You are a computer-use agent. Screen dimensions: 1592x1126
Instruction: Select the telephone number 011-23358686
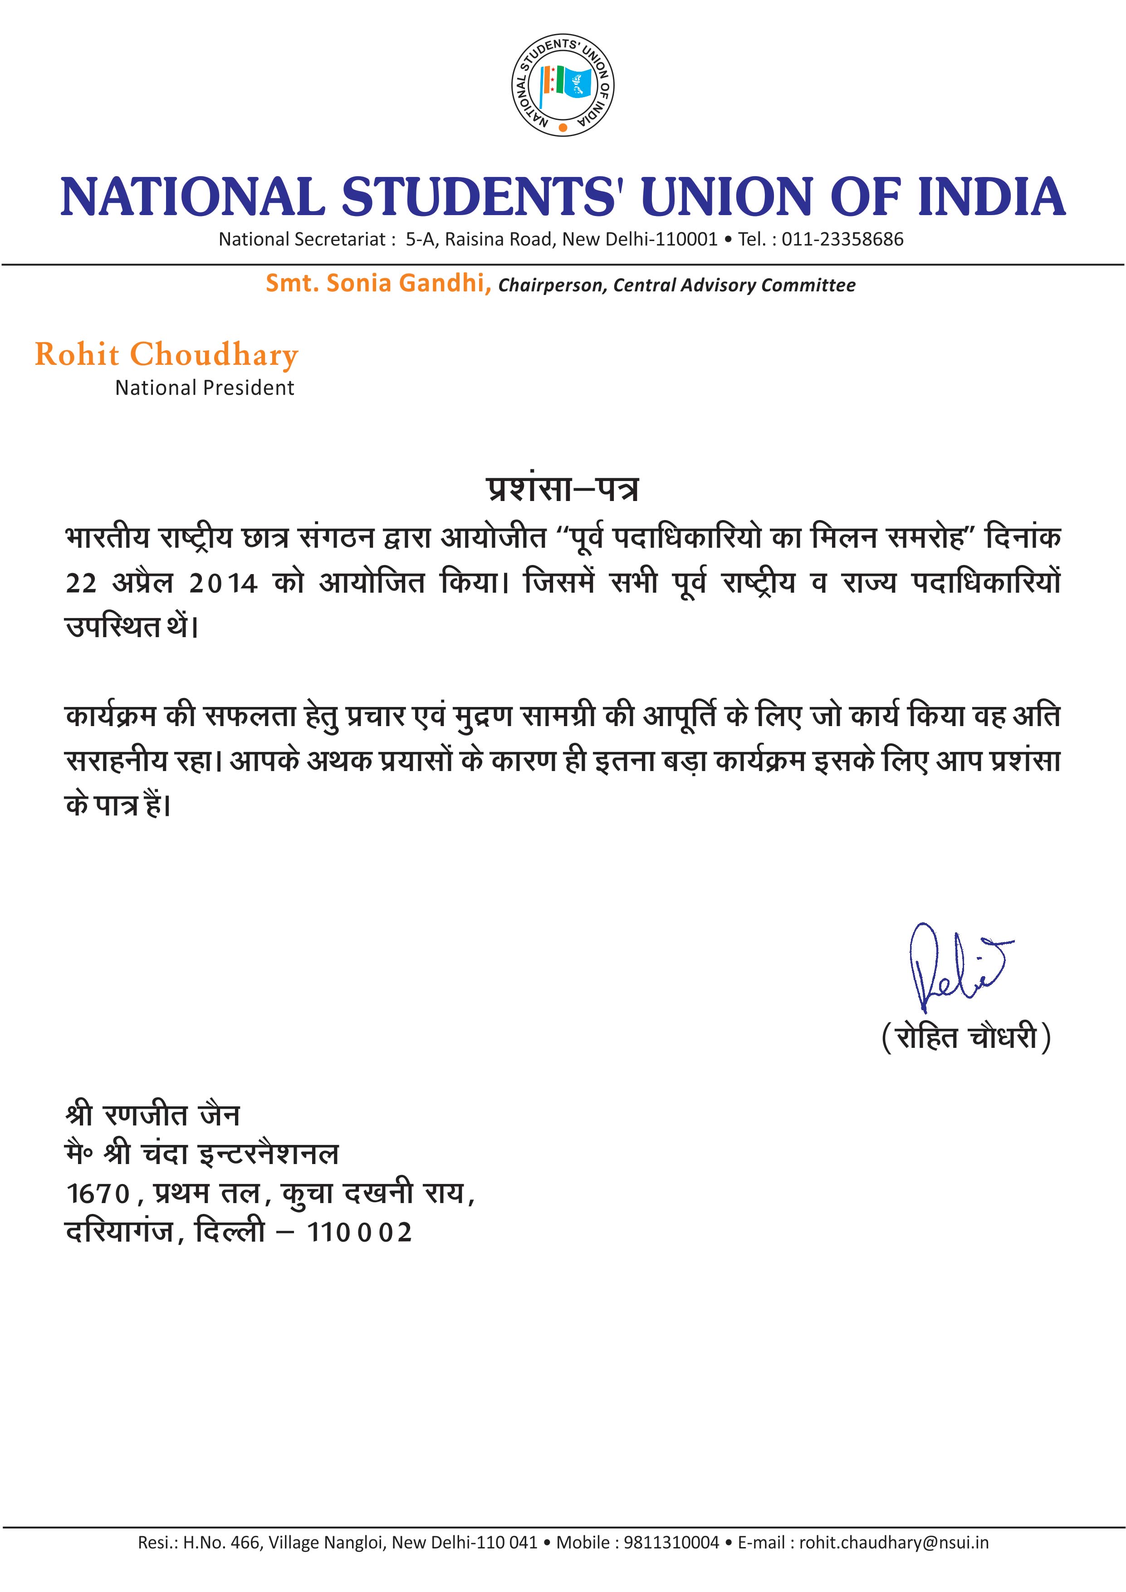pos(842,240)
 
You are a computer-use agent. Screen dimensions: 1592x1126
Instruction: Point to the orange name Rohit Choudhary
pos(166,354)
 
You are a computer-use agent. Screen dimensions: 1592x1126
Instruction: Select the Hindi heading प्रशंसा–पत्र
pos(562,490)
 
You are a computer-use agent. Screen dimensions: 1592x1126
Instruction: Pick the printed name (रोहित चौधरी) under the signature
pos(966,1038)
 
